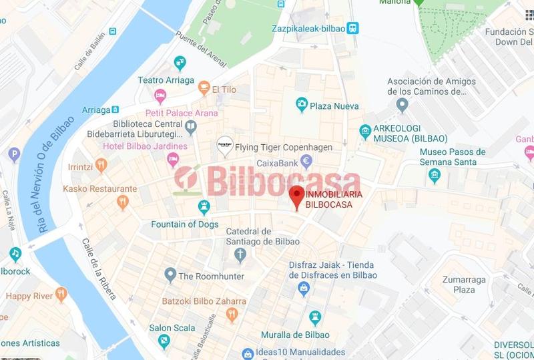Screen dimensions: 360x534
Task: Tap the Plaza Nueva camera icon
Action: (302, 104)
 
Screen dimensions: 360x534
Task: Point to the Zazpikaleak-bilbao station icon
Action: (353, 28)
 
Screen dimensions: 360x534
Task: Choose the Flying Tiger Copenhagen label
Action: (284, 147)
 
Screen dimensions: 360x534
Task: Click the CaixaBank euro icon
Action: (306, 160)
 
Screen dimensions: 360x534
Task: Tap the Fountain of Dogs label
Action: (185, 224)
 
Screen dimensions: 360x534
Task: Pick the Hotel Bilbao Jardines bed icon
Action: (173, 158)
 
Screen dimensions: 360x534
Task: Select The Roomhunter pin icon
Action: (170, 275)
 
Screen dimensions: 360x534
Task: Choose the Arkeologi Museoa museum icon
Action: (365, 130)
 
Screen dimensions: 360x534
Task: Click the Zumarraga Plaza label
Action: (455, 285)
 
